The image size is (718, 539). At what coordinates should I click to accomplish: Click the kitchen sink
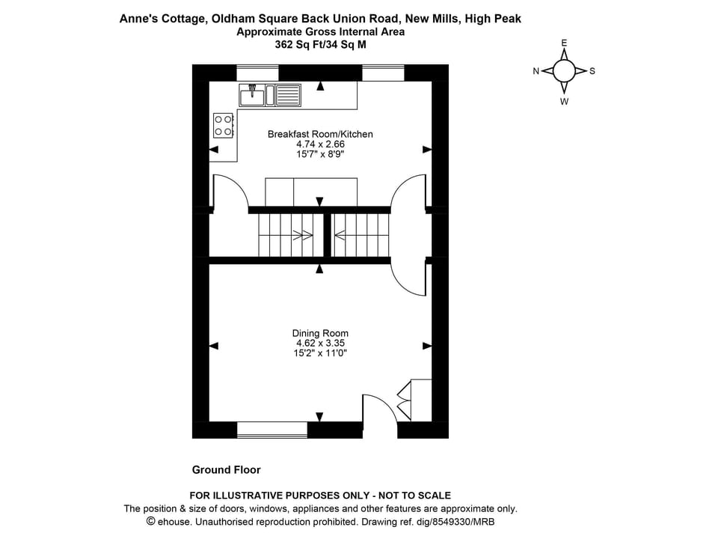click(x=252, y=95)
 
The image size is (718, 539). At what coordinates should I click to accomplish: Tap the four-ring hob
click(x=223, y=124)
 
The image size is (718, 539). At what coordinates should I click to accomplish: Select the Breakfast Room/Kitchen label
click(x=320, y=134)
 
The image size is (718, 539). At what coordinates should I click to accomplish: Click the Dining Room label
click(x=320, y=333)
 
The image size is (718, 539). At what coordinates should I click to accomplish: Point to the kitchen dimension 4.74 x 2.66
click(x=320, y=144)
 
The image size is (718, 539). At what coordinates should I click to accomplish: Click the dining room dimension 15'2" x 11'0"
click(x=320, y=353)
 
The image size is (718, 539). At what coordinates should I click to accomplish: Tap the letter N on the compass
click(x=536, y=71)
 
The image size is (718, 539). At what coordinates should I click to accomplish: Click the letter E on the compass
click(x=564, y=43)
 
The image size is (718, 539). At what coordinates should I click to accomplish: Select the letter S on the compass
click(x=592, y=71)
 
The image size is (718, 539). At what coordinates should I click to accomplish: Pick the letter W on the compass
click(x=564, y=101)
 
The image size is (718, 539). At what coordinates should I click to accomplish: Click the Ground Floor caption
click(x=227, y=470)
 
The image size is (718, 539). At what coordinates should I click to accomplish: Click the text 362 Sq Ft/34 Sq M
click(x=320, y=43)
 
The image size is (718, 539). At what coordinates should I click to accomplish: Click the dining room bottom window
click(x=272, y=430)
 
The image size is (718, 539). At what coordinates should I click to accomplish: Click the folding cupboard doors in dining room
click(x=404, y=401)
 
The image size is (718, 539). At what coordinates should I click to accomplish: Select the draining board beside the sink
click(x=289, y=95)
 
